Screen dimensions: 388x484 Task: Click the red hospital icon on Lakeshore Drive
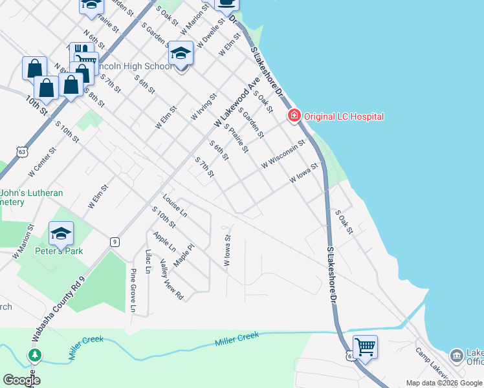tap(294, 116)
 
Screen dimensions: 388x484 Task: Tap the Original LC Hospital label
tap(342, 116)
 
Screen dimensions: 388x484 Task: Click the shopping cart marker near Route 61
tap(365, 347)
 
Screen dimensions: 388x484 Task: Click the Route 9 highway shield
tap(114, 242)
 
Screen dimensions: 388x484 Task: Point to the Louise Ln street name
tap(175, 205)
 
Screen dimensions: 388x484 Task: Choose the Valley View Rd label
tap(171, 279)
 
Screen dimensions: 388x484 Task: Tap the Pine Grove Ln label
tap(133, 290)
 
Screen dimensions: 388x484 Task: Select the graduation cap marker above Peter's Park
tap(61, 234)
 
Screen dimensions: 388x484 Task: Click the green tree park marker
tap(34, 355)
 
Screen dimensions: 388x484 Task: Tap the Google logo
tap(21, 380)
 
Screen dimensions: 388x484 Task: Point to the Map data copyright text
tap(444, 383)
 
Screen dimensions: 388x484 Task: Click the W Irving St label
tap(203, 107)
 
